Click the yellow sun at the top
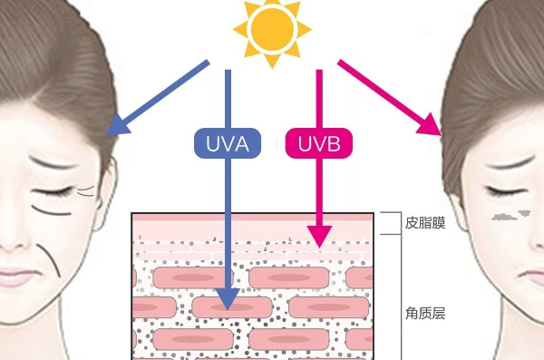coord(272,29)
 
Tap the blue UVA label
coord(228,143)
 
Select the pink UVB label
coord(319,143)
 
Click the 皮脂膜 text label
coord(425,223)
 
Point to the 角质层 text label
coord(425,313)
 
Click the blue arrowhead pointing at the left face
coord(118,126)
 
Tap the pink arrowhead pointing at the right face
coord(430,125)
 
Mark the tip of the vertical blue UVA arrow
coord(228,310)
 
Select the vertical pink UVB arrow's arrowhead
coord(319,237)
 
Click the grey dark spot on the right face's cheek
coord(510,216)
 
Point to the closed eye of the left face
coord(52,190)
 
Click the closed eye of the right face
coord(502,190)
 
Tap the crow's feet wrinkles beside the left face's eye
coord(86,190)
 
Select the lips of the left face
coord(15,276)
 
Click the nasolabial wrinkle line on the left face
coord(50,259)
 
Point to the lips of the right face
coord(532,274)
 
